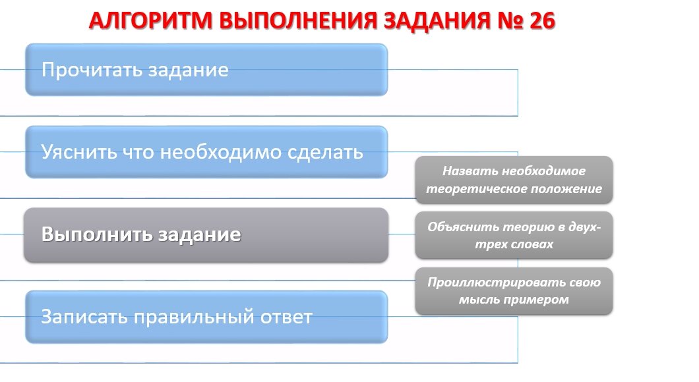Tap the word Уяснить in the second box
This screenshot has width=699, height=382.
coord(76,152)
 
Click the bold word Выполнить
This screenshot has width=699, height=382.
coord(95,235)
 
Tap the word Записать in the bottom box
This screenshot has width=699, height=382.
coord(84,317)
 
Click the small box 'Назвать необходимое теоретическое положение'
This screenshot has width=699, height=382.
coord(514,179)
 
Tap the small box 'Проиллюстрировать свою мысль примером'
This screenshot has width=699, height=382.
coord(514,290)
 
